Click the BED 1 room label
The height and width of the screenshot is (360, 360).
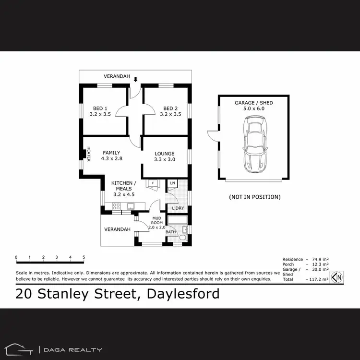click(x=100, y=108)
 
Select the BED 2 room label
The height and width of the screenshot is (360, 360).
click(x=170, y=108)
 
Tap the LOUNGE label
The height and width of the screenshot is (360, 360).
click(x=164, y=154)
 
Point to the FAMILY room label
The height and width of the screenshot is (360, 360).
click(x=111, y=153)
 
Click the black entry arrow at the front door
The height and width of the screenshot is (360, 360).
click(x=136, y=80)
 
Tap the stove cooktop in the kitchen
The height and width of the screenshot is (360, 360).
click(x=116, y=206)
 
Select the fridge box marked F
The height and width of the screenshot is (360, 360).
click(x=153, y=183)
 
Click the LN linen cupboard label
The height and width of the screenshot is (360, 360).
click(x=172, y=183)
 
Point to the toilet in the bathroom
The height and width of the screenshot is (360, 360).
click(x=182, y=238)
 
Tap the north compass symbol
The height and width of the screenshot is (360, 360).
click(x=338, y=277)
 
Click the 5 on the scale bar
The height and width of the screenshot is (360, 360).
click(x=84, y=258)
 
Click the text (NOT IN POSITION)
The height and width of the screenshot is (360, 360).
click(x=255, y=197)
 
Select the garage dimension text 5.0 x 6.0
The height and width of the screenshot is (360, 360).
click(x=254, y=109)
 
